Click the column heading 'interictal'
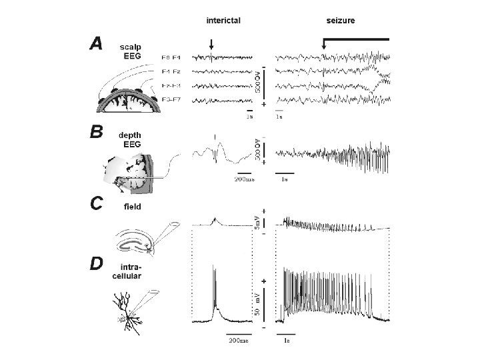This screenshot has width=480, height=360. coord(223,21)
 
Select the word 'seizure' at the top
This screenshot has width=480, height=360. coord(340,21)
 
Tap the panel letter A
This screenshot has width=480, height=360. coord(97,44)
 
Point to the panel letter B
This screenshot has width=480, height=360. coord(97,132)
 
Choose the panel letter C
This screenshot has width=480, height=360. coord(97,202)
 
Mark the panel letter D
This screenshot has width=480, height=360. coord(97,265)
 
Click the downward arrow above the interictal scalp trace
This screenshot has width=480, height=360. coord(211,45)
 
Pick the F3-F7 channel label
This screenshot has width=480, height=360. coord(175,100)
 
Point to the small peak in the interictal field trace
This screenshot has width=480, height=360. coord(214,219)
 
